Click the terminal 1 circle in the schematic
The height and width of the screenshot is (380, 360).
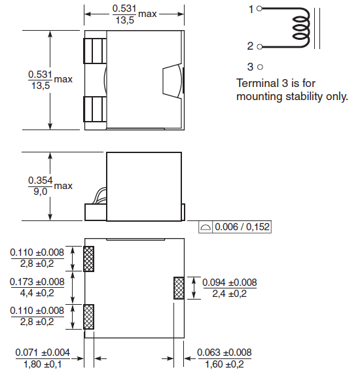coord(259,9)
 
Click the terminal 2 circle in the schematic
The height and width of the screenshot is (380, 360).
coord(259,46)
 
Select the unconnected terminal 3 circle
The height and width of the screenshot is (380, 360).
coord(260,67)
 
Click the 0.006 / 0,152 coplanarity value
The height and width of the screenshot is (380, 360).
coord(242,227)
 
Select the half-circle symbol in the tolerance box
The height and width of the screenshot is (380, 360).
coord(206,228)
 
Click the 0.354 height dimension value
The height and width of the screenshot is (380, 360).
coord(41,181)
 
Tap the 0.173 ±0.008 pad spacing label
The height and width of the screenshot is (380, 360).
coord(37,282)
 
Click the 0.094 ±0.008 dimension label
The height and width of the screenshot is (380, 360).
coord(230,283)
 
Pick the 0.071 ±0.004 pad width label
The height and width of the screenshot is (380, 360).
coord(43,353)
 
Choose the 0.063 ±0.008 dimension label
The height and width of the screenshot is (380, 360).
coord(225,353)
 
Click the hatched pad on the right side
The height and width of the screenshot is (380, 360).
coord(179,288)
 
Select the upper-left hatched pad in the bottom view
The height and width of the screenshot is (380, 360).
coord(88,259)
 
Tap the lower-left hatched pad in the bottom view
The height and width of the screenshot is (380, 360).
coord(88,317)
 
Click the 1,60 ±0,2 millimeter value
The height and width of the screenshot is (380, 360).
coord(225,364)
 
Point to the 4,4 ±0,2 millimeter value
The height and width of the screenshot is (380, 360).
coord(37,293)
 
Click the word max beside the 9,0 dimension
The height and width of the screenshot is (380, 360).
coord(63,186)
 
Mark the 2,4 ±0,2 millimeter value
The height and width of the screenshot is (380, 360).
coord(230,294)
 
